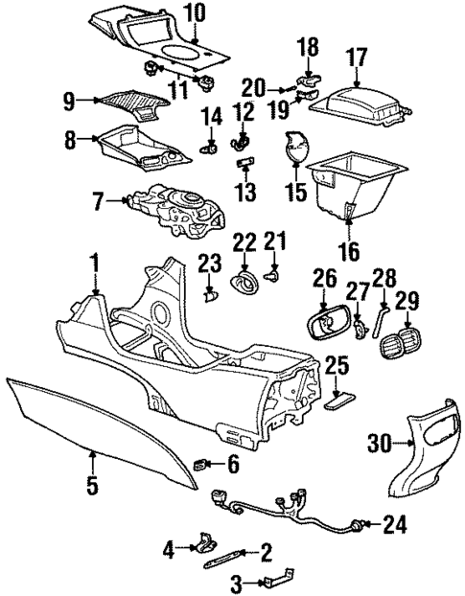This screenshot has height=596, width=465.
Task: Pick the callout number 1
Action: point(94,262)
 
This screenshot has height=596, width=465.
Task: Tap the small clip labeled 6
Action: point(201,465)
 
